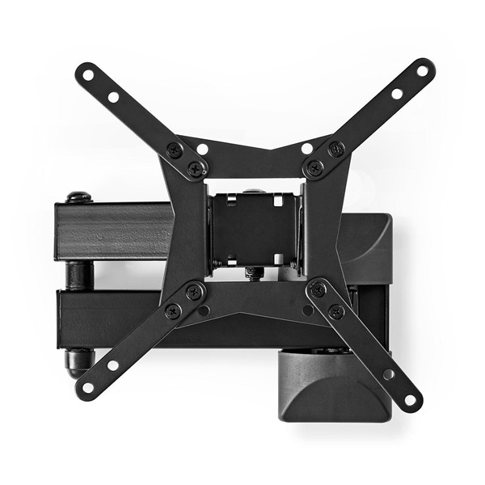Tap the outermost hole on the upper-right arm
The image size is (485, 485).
click(x=421, y=71)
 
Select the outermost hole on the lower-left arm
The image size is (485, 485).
click(x=88, y=387)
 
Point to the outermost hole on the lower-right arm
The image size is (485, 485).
click(x=410, y=399)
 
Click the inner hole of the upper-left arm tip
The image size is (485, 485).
click(x=113, y=97)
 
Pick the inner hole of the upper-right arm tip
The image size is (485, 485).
click(x=397, y=93)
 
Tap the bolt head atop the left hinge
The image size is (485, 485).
click(x=79, y=196)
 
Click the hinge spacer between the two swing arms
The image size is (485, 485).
click(x=78, y=274)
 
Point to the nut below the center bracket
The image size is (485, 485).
click(x=252, y=273)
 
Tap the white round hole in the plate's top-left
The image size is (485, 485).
click(x=202, y=149)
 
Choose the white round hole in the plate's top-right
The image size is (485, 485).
click(x=307, y=148)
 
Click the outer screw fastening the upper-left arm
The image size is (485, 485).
click(x=174, y=150)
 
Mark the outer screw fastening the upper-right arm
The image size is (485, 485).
click(x=336, y=149)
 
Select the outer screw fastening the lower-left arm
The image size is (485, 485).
click(x=173, y=310)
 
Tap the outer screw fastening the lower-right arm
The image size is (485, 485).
click(x=337, y=310)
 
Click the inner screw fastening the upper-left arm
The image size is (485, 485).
click(x=196, y=170)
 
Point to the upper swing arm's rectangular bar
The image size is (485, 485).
click(x=113, y=231)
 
